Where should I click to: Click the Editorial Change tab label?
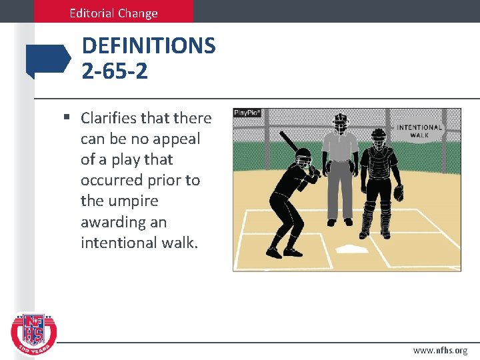coord(113,13)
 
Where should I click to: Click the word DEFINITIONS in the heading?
coord(149,46)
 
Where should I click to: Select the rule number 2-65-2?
coord(115,70)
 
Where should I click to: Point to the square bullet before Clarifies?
coord(67,118)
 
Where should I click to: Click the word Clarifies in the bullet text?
coord(110,118)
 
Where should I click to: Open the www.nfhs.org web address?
coord(440,350)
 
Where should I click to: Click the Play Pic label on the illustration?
coord(247,113)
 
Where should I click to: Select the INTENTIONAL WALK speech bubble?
coord(419,130)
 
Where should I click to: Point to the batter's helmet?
coord(303,159)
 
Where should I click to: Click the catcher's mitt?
coord(399,193)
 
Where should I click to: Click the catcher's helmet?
coord(379,139)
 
